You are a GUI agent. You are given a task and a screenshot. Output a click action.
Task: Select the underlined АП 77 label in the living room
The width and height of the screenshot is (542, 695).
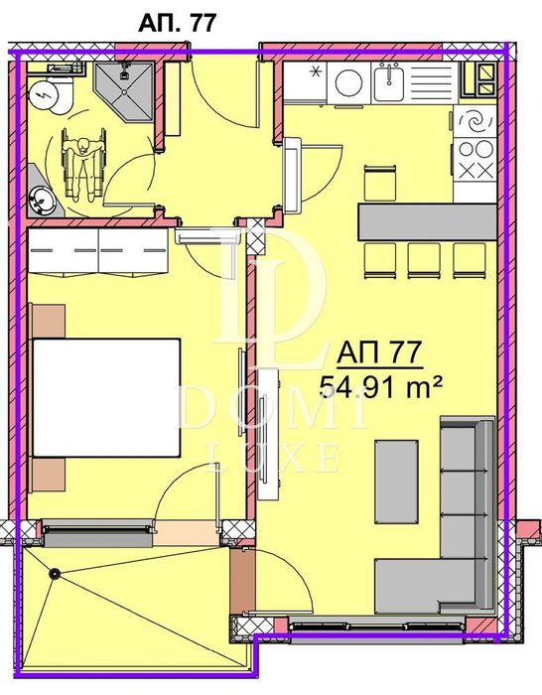[x=381, y=351]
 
